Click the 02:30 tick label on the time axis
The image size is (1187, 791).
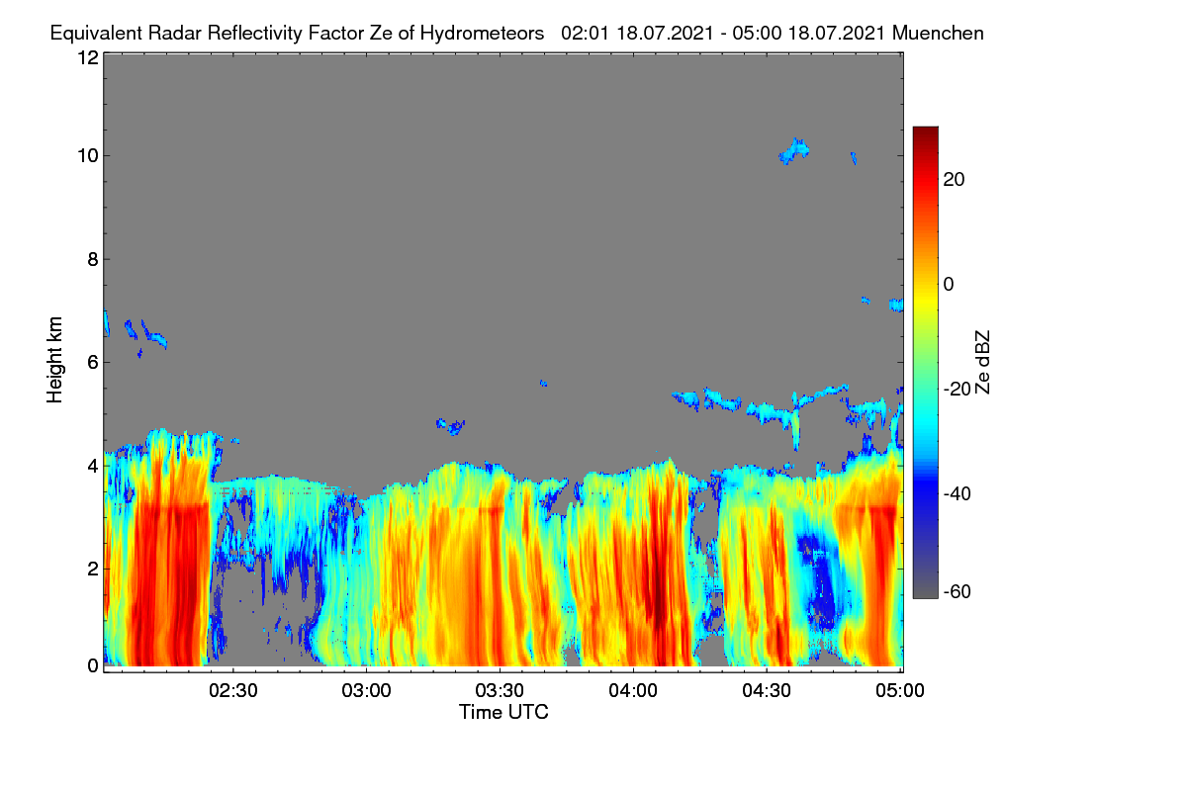233,691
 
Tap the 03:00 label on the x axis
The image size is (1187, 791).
366,691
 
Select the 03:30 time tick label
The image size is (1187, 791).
500,691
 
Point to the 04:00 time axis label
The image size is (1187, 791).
633,691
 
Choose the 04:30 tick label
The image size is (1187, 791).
767,691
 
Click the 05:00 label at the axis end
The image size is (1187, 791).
900,691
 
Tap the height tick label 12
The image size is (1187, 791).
88,57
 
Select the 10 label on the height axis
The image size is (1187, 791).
88,156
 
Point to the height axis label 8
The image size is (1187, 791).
93,260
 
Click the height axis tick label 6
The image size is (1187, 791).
93,363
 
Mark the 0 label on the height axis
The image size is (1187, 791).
93,666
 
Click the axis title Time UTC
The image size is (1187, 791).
503,713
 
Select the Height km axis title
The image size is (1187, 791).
54,360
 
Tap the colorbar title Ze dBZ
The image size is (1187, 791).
982,363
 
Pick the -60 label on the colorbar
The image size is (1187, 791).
958,592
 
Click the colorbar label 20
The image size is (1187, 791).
954,180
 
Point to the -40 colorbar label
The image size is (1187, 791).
958,494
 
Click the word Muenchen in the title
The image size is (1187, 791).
938,34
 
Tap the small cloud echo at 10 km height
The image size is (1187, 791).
793,151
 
